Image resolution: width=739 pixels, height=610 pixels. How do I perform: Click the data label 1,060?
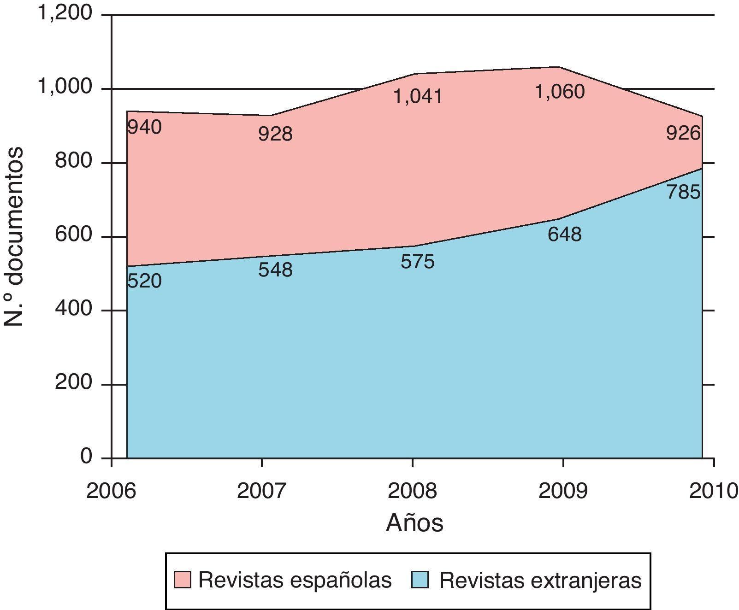pyautogui.click(x=560, y=92)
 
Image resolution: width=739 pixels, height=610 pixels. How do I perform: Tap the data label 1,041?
pyautogui.click(x=418, y=97)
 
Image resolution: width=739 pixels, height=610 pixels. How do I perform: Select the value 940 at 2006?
pyautogui.click(x=144, y=128)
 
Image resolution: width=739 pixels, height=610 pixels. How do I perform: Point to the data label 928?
pyautogui.click(x=275, y=134)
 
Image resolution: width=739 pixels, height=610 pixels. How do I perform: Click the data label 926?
pyautogui.click(x=683, y=134)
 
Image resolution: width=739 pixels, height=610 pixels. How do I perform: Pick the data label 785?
pyautogui.click(x=683, y=192)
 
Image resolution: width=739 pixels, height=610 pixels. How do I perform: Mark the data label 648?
pyautogui.click(x=564, y=235)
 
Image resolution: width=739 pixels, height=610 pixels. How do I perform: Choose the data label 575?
pyautogui.click(x=418, y=262)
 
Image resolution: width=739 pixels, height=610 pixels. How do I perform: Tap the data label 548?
pyautogui.click(x=275, y=270)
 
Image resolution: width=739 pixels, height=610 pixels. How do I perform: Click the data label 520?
pyautogui.click(x=144, y=281)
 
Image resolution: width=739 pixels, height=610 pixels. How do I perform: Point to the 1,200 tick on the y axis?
pyautogui.click(x=65, y=13)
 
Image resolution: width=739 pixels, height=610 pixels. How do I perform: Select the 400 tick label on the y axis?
pyautogui.click(x=73, y=309)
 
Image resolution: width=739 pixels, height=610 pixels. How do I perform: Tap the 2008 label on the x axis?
pyautogui.click(x=412, y=491)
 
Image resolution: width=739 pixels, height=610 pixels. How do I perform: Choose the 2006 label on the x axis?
pyautogui.click(x=111, y=491)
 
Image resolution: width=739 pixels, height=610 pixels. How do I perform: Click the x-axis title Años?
pyautogui.click(x=414, y=523)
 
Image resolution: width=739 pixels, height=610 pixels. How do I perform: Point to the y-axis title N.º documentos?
pyautogui.click(x=14, y=237)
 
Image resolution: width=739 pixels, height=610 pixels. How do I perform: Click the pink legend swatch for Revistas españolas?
pyautogui.click(x=183, y=580)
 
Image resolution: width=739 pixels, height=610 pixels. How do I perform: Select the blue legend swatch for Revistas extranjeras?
pyautogui.click(x=420, y=580)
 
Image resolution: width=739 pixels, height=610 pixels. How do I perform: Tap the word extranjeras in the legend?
pyautogui.click(x=586, y=581)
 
